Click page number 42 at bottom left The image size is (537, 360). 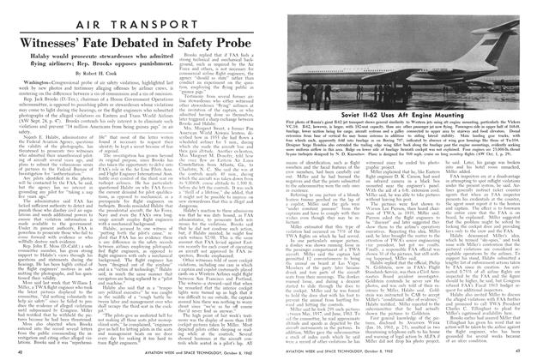pyautogui.click(x=22, y=351)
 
